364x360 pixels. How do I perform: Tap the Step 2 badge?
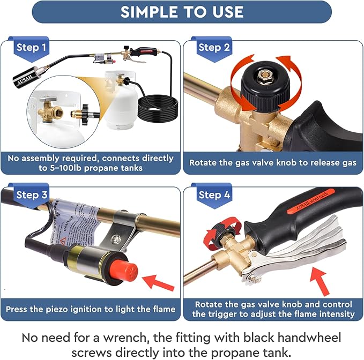pyautogui.click(x=214, y=48)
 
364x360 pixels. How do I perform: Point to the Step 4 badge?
pyautogui.click(x=214, y=195)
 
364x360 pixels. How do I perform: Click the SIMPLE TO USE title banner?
pyautogui.click(x=182, y=12)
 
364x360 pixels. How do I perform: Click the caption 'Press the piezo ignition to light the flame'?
pyautogui.click(x=91, y=309)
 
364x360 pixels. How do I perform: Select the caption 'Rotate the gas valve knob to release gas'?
pyautogui.click(x=272, y=162)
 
